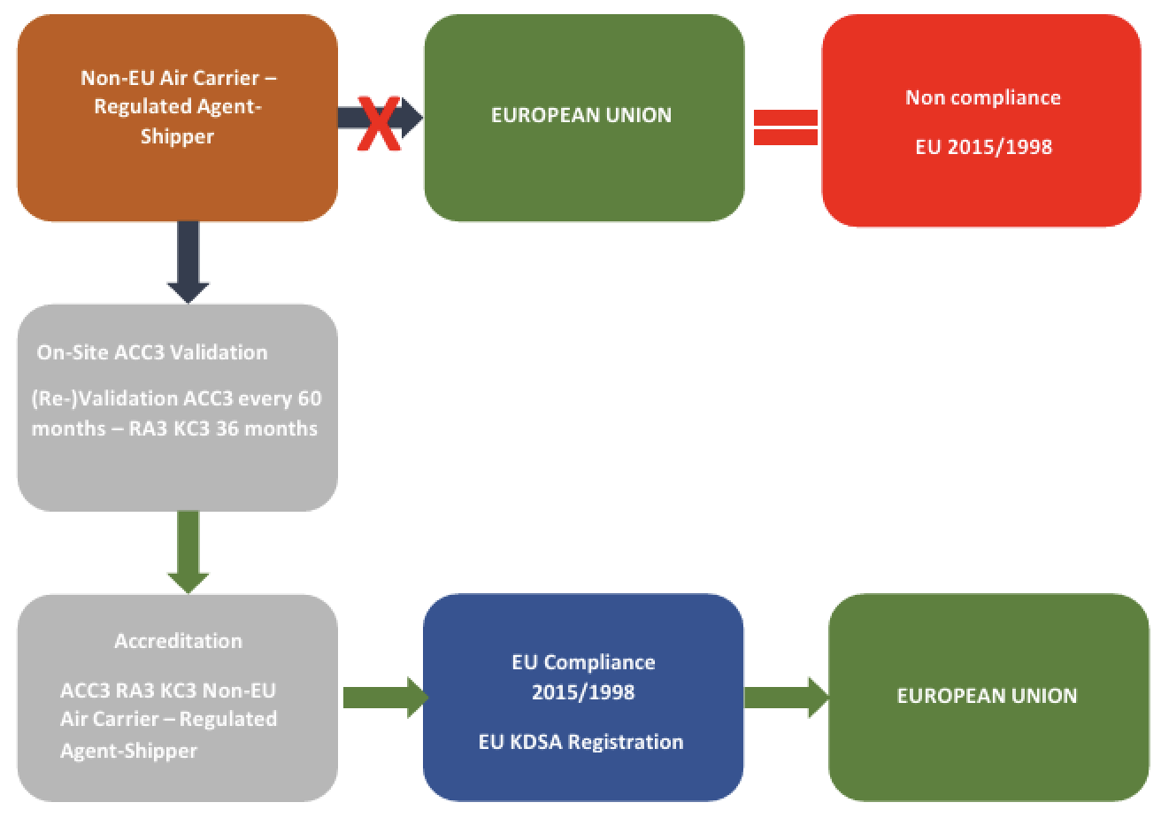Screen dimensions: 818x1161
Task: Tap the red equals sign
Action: [x=785, y=127]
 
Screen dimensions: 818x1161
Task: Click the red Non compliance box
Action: [x=981, y=120]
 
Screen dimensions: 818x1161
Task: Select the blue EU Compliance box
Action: [x=583, y=697]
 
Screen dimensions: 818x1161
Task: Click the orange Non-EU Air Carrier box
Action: [x=178, y=118]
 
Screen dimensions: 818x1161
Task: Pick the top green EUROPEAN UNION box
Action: [x=583, y=118]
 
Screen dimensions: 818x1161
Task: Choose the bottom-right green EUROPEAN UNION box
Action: [x=988, y=697]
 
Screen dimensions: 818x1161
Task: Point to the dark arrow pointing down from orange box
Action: [x=188, y=262]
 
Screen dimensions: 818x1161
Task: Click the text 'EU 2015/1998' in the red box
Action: [x=983, y=147]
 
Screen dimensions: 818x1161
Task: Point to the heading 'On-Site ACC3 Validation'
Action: [x=151, y=352]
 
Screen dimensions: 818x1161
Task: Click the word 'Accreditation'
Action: [x=178, y=641]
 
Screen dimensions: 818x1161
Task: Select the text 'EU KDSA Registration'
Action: [x=581, y=742]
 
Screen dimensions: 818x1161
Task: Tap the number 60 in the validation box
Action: [x=309, y=398]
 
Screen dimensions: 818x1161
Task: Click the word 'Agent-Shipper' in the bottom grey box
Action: [x=129, y=751]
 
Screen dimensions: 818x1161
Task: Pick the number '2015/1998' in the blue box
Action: [x=583, y=692]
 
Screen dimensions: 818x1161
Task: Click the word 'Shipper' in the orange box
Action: [x=177, y=137]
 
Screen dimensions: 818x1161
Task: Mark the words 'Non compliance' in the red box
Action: [x=982, y=97]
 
